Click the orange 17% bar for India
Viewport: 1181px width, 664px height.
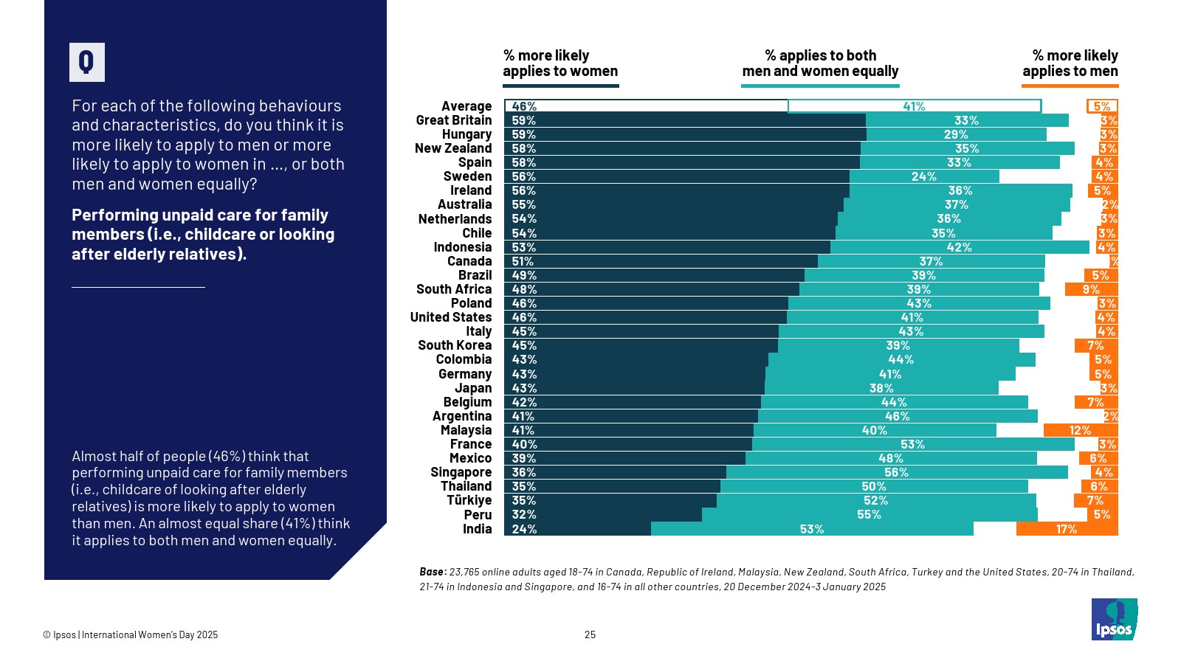coord(1067,529)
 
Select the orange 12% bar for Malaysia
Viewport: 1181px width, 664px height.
coord(1080,430)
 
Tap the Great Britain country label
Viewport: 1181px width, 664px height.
coord(453,120)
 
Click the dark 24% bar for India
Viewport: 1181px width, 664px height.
coord(577,529)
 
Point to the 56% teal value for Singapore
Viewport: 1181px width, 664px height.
coord(896,472)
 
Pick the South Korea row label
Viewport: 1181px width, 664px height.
coord(454,345)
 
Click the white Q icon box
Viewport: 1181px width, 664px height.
coord(86,62)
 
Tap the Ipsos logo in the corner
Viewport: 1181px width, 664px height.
coord(1114,620)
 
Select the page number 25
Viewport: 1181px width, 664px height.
coord(590,634)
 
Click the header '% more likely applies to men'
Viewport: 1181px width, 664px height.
coord(1070,63)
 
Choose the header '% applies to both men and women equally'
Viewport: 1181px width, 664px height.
coord(820,63)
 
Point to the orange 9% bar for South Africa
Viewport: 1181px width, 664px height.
coord(1091,289)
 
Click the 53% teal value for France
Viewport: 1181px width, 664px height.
coord(912,444)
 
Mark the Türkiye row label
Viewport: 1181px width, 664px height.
coord(469,500)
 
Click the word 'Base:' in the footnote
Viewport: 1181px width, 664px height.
coord(433,572)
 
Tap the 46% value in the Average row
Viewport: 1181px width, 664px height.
coord(524,106)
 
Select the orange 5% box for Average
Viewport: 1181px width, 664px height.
coord(1102,106)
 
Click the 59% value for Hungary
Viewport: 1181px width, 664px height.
coord(524,134)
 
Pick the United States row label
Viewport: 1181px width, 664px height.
coord(450,317)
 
